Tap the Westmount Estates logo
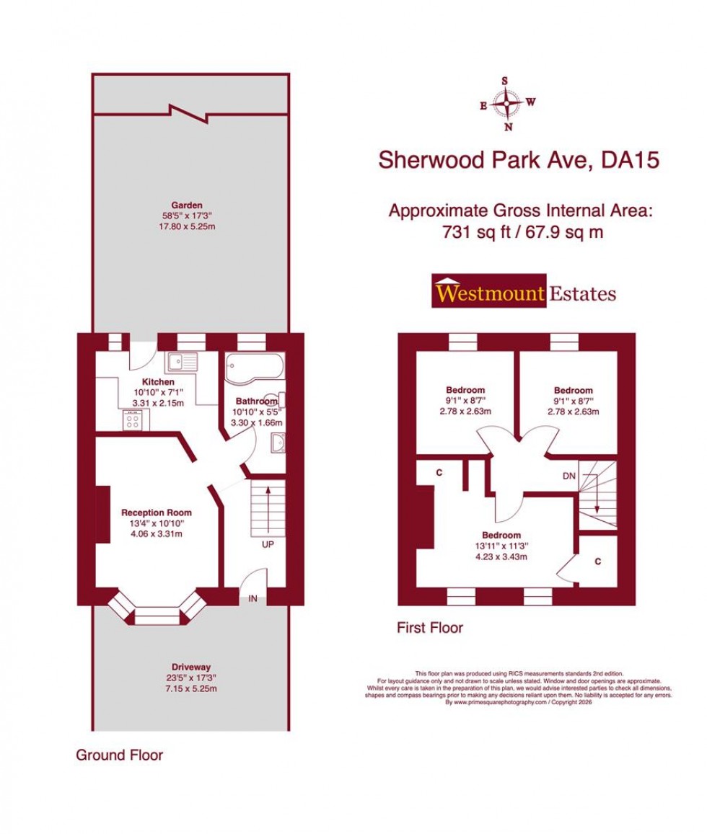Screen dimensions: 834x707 (x=524, y=292)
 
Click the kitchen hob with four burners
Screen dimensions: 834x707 (x=132, y=420)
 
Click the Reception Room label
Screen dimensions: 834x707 (x=156, y=513)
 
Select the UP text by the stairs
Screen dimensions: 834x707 (x=268, y=544)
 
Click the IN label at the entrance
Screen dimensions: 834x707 (x=254, y=598)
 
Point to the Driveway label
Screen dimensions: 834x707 (x=191, y=667)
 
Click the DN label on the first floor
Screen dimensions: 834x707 (x=569, y=476)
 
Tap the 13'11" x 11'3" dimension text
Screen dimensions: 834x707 (x=501, y=546)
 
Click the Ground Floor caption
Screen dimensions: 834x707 (x=120, y=755)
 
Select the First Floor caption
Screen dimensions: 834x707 (x=430, y=628)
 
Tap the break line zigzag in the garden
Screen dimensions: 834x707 (x=187, y=112)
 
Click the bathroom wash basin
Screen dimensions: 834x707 (x=278, y=443)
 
